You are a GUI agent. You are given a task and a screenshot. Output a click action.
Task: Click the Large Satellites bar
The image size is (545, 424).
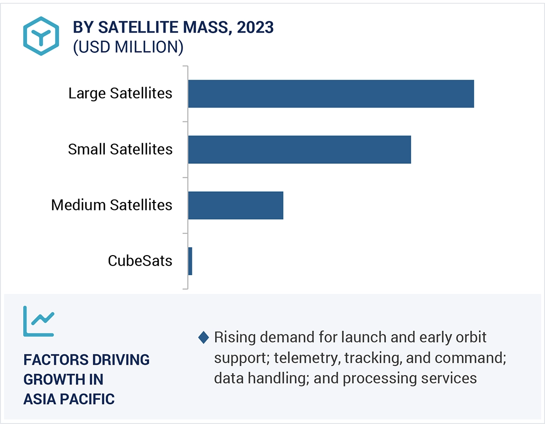click(331, 94)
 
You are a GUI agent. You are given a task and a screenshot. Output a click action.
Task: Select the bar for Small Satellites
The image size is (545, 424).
click(300, 150)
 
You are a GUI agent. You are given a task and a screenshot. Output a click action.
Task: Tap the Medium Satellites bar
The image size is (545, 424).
click(236, 205)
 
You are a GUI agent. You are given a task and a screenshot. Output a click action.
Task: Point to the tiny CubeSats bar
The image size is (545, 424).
click(190, 261)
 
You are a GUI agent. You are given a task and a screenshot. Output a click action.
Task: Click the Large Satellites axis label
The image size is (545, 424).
click(120, 93)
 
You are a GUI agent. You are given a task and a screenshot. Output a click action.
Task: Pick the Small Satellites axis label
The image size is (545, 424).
click(120, 149)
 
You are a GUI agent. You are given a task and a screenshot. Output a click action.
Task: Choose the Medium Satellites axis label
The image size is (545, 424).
click(112, 205)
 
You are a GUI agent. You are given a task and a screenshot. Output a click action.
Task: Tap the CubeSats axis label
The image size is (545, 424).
click(140, 261)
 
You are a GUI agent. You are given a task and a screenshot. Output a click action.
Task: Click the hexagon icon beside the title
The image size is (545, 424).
click(41, 36)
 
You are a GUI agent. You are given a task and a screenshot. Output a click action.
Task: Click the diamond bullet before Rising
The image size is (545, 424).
click(204, 337)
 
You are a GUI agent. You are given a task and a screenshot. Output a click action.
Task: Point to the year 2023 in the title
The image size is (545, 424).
click(255, 28)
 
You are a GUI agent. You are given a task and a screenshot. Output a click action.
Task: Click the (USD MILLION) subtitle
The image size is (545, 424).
click(128, 47)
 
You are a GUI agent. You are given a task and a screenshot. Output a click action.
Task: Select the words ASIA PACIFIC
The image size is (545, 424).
click(69, 399)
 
